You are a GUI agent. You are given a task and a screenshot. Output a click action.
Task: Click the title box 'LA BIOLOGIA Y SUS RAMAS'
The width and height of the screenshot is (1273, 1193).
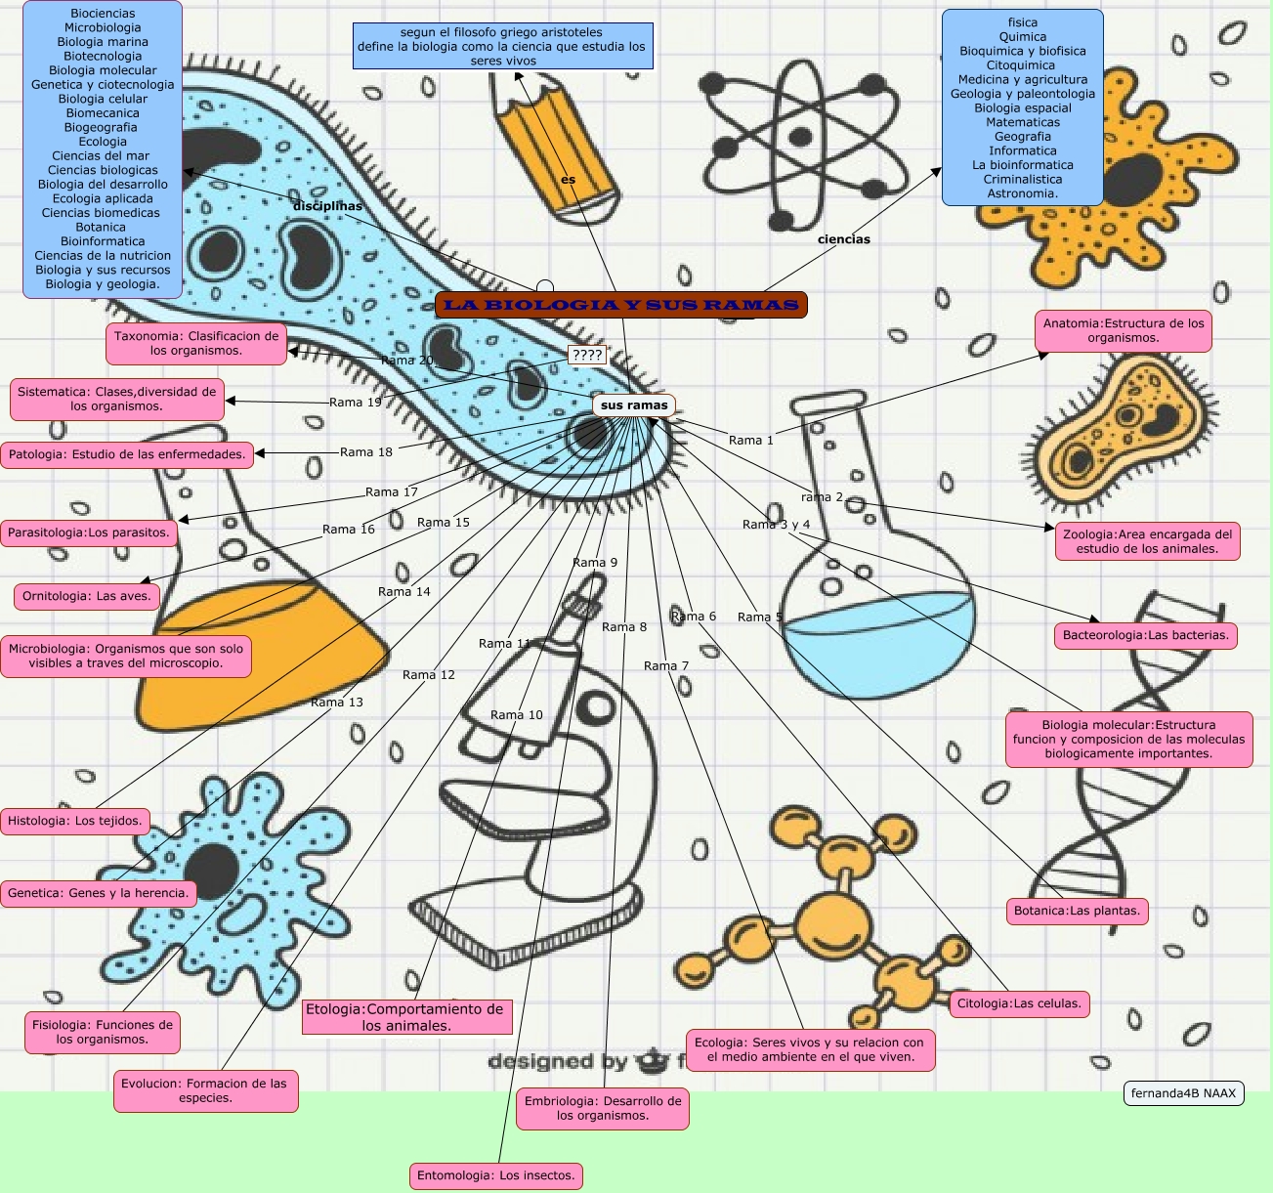[x=621, y=305]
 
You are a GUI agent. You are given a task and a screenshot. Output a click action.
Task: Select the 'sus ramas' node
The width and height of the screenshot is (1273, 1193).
[x=634, y=405]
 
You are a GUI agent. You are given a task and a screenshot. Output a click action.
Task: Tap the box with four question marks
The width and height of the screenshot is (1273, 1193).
[x=587, y=355]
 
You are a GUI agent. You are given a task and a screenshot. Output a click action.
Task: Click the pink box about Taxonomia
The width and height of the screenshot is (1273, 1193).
[x=196, y=343]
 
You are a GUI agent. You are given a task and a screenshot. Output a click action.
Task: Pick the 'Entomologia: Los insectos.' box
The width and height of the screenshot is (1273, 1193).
[x=496, y=1175]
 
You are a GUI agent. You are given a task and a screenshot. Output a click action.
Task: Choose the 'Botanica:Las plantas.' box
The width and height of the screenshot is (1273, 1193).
[x=1077, y=911]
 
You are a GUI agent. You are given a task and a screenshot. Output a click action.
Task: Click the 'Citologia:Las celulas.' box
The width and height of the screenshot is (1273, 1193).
[x=1019, y=1003]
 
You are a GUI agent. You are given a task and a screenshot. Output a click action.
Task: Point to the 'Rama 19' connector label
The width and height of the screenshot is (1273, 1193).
[x=356, y=402]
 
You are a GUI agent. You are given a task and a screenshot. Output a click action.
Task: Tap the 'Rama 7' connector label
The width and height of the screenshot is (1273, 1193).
[x=666, y=665]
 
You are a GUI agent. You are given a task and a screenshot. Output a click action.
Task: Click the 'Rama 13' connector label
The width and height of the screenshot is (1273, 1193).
[x=337, y=702]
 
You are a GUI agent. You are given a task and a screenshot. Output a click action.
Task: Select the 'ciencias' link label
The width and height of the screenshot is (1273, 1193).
[x=843, y=238]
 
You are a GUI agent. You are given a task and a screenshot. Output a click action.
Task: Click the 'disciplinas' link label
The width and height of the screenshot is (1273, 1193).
[x=327, y=206]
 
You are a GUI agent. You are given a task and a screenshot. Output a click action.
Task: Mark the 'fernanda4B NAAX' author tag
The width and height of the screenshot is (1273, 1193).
[x=1183, y=1093]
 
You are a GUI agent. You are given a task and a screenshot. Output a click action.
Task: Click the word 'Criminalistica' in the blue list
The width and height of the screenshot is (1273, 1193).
[x=1022, y=179]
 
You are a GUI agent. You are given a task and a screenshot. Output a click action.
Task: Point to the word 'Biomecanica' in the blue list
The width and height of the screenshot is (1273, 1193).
[x=103, y=113]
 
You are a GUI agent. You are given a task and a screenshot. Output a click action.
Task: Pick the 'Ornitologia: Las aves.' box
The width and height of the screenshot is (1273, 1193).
[x=87, y=596]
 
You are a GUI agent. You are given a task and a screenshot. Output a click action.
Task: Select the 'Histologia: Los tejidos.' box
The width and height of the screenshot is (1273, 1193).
[x=75, y=821]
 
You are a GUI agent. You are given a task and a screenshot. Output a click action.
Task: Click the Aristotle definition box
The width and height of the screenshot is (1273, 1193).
[x=503, y=46]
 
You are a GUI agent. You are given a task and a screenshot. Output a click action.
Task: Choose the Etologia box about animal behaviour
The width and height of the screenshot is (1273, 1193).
[x=405, y=1017]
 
